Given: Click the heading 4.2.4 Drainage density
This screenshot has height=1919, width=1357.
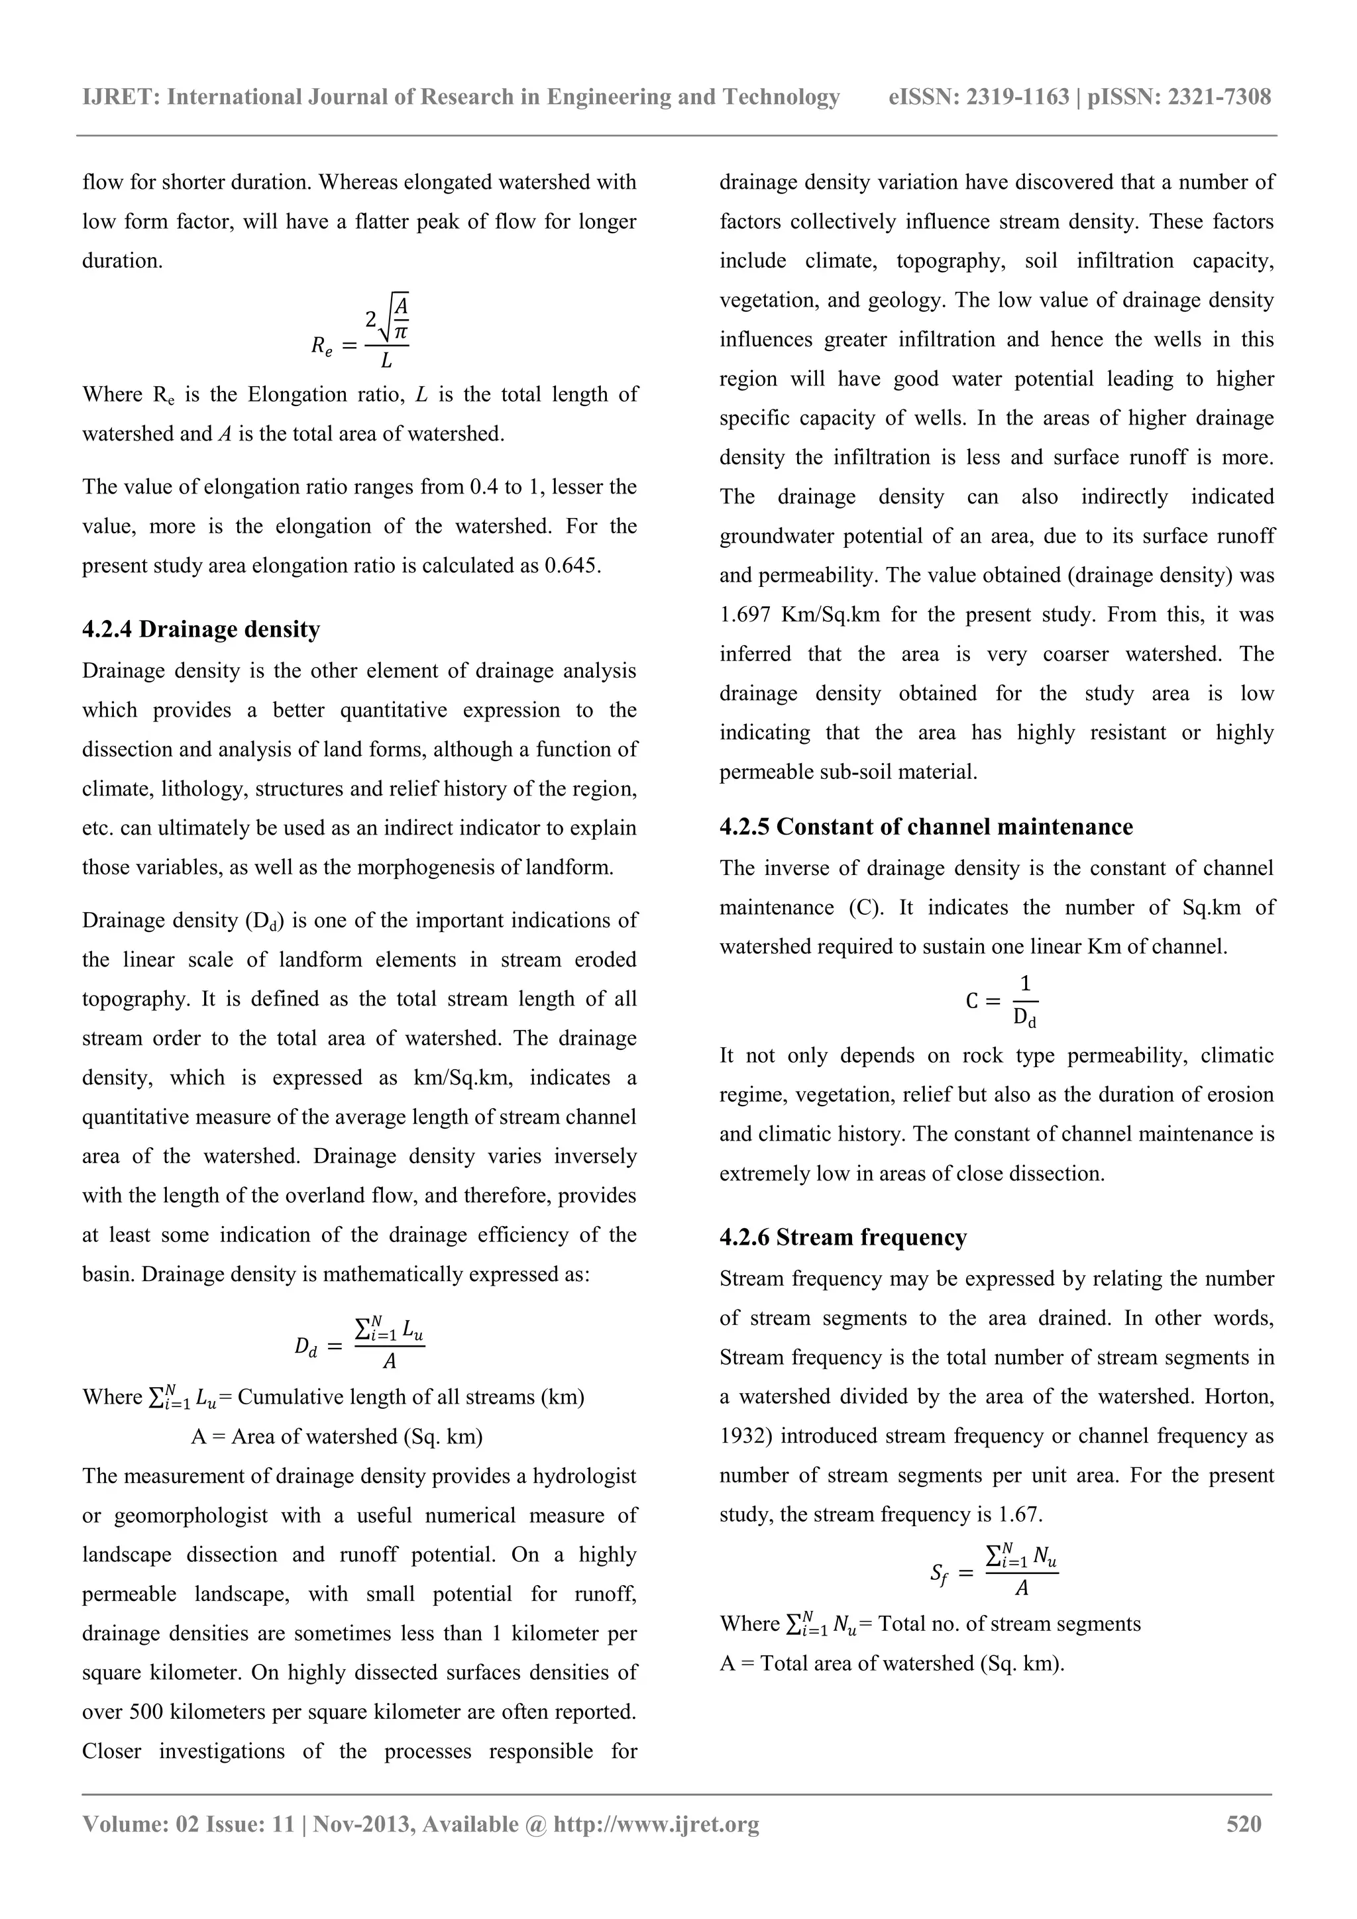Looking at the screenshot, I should point(201,629).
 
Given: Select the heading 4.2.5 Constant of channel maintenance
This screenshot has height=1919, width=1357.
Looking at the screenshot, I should point(926,827).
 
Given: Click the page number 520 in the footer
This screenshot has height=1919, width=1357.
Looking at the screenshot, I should point(1243,1824).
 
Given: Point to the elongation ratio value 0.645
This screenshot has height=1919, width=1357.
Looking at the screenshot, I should point(571,566).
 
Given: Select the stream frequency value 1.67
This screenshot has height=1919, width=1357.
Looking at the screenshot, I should point(1019,1514).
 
